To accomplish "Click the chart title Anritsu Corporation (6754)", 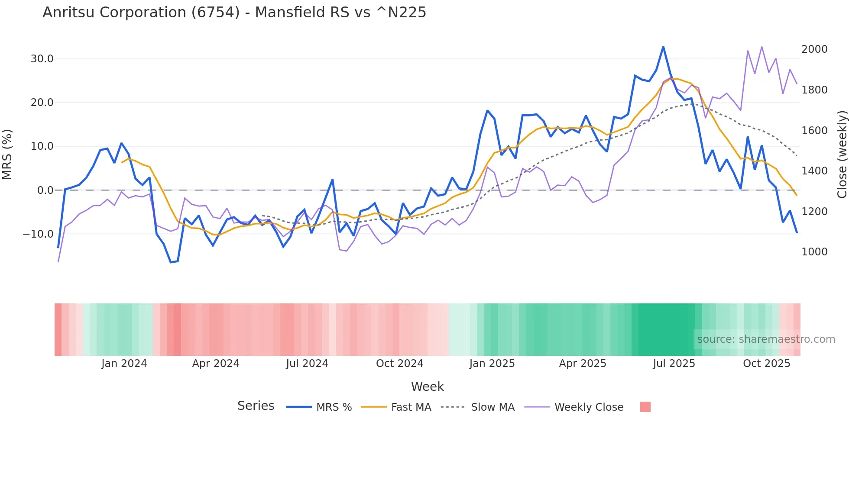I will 234,12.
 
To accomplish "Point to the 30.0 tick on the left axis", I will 42,59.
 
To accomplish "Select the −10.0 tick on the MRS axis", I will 39,234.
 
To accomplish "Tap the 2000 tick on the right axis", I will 814,49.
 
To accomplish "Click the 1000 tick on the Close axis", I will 814,252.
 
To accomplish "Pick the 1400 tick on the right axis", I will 814,171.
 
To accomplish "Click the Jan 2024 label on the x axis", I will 124,364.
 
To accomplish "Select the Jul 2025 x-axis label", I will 674,364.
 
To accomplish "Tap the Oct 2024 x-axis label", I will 399,364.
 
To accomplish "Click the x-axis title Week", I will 427,387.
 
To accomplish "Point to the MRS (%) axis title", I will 7,155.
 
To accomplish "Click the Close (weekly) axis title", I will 842,155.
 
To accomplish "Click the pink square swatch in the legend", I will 645,407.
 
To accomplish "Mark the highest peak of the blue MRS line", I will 663,47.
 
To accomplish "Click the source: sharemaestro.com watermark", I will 766,339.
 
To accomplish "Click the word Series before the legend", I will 256,406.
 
